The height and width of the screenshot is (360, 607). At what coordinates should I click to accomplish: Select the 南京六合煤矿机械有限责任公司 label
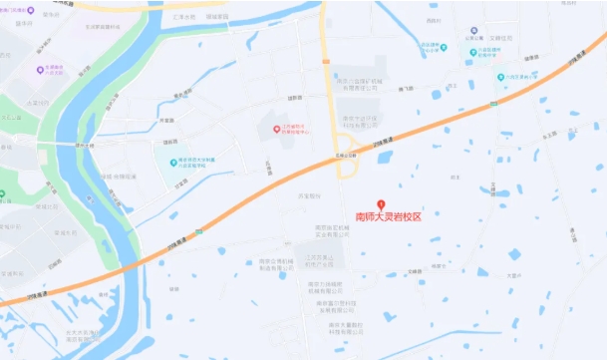(x=355, y=86)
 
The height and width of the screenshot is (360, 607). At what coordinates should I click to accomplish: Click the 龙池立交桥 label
(x=347, y=157)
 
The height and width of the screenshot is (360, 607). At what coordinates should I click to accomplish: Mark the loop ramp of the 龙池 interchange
(x=349, y=171)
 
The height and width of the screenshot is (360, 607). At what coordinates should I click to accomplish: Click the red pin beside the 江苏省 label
(x=276, y=129)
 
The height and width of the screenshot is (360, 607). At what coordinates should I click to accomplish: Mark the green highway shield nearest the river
(x=198, y=230)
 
